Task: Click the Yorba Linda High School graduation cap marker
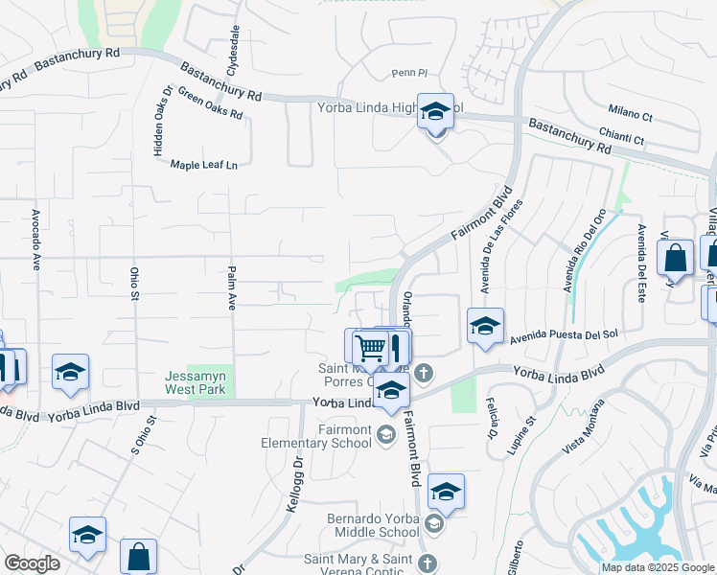pyautogui.click(x=435, y=114)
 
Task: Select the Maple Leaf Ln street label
pyautogui.click(x=203, y=166)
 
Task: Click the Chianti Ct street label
pyautogui.click(x=621, y=141)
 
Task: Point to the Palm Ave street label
pyautogui.click(x=231, y=288)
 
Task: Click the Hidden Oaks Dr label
pyautogui.click(x=160, y=121)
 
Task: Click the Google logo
pyautogui.click(x=32, y=563)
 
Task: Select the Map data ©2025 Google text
pyautogui.click(x=657, y=567)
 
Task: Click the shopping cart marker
pyautogui.click(x=370, y=346)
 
